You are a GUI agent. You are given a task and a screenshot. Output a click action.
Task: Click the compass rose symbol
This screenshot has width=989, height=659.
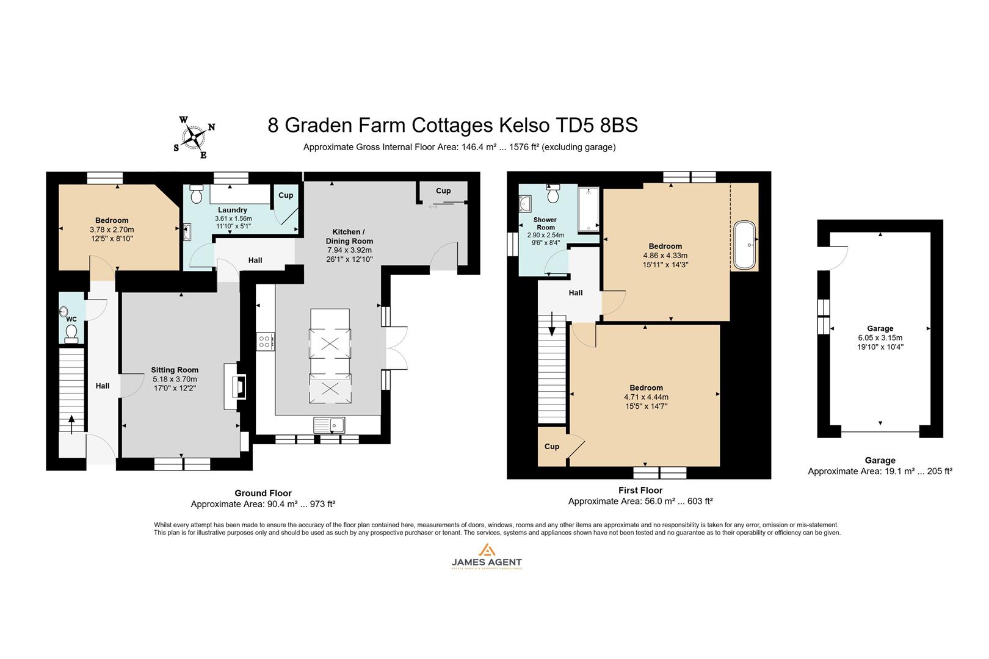[x=195, y=137]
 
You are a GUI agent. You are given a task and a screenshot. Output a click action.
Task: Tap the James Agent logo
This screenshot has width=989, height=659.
[x=486, y=556]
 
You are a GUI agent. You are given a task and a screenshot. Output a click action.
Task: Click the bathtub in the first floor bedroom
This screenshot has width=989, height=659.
[x=744, y=245]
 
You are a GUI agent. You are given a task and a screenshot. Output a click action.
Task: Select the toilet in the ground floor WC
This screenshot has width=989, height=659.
[x=71, y=333]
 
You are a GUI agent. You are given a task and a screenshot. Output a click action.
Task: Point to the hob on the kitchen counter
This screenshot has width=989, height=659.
[x=266, y=341]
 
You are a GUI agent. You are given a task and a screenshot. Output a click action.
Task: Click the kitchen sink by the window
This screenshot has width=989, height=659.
[x=329, y=424]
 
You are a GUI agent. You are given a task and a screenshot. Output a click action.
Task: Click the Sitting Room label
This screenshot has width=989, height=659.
[x=175, y=370]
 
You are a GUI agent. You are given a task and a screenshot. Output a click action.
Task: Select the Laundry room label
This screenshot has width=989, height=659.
[x=232, y=210]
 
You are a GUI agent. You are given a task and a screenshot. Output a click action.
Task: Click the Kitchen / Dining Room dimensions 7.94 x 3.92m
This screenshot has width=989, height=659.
[x=349, y=250]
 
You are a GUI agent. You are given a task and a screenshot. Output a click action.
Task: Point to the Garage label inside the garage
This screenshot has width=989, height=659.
[x=880, y=328]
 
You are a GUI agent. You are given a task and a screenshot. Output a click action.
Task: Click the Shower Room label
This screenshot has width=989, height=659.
[x=545, y=223]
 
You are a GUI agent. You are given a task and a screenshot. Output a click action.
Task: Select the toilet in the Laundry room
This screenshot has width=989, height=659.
[x=197, y=195]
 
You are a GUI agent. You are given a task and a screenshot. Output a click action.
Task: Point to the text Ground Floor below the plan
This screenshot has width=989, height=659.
[x=263, y=493]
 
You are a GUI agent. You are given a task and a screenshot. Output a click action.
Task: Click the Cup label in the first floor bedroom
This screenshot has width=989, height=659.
[x=552, y=447]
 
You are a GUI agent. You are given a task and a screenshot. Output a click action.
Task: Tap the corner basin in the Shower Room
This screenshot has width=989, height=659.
[x=525, y=203]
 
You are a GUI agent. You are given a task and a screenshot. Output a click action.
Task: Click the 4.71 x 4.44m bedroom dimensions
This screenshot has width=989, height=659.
[x=646, y=397]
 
